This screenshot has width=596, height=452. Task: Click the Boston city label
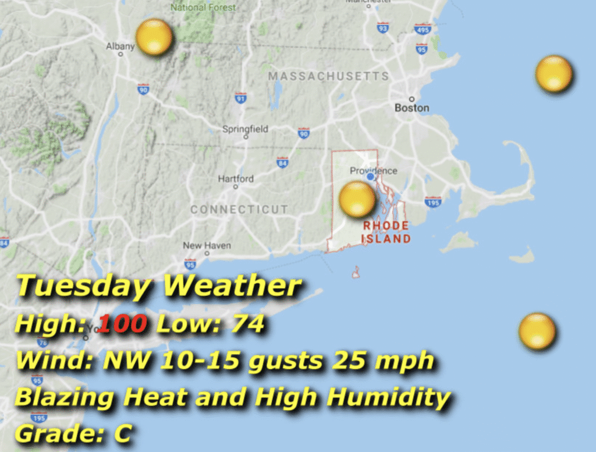(x=411, y=108)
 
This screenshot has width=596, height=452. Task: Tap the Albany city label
(x=120, y=46)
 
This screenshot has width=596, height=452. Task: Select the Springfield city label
(x=245, y=129)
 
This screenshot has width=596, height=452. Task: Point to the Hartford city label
(x=236, y=179)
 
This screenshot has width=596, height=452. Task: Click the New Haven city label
(x=207, y=246)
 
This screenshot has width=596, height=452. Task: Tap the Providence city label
(x=373, y=171)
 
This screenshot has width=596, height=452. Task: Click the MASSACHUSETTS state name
(x=328, y=76)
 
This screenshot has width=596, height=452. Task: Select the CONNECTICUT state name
(x=239, y=209)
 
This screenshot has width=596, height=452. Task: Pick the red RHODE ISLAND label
(x=386, y=232)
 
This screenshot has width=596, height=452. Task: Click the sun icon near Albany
(x=154, y=37)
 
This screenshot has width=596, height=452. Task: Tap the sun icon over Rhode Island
(x=357, y=199)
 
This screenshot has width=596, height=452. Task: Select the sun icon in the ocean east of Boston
(x=554, y=74)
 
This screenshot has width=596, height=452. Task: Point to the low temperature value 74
(x=247, y=324)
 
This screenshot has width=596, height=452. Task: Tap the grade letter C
(x=122, y=433)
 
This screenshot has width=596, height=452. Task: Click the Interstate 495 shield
(x=423, y=29)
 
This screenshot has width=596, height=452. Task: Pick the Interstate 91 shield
(x=240, y=98)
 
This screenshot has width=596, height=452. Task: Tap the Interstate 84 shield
(x=282, y=163)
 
